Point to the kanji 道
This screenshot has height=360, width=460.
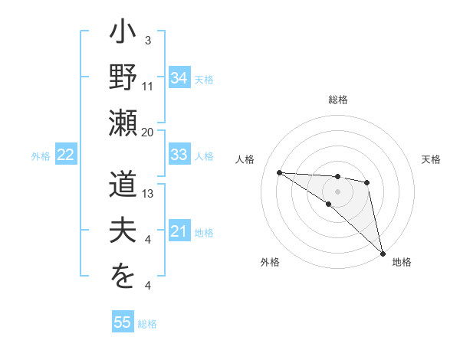123,187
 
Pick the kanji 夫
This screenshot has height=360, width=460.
123,233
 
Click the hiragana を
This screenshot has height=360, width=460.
123,279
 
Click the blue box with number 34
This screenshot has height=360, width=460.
179,78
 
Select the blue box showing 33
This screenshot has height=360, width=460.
179,155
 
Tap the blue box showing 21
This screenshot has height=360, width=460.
179,231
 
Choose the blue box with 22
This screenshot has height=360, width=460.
65,155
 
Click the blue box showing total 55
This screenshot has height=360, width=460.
123,322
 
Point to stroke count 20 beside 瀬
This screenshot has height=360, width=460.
148,133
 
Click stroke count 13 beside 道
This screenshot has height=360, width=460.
148,194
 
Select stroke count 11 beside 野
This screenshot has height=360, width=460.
148,87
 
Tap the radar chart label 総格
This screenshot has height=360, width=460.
338,100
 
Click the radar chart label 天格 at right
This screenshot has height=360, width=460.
431,159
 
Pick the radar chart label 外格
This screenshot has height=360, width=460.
269,262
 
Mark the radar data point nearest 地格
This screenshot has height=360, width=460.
383,253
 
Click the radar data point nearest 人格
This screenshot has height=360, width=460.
279,172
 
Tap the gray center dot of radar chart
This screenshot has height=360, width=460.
338,190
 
